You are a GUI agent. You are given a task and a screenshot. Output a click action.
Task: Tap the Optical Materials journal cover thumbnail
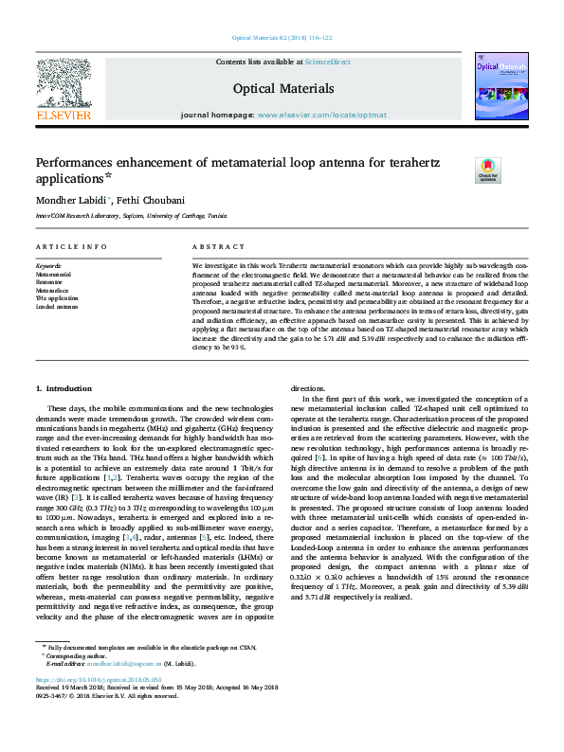point(498,91)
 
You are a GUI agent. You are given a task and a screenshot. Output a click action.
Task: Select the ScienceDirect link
point(327,62)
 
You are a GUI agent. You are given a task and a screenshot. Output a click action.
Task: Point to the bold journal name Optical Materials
point(282,88)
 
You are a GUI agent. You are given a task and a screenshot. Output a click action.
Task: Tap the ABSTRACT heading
point(212,246)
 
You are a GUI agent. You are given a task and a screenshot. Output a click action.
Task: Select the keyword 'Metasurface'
point(52,290)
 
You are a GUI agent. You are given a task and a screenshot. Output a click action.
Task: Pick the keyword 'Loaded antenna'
point(58,307)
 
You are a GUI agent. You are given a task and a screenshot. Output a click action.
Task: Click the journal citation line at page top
point(282,38)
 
